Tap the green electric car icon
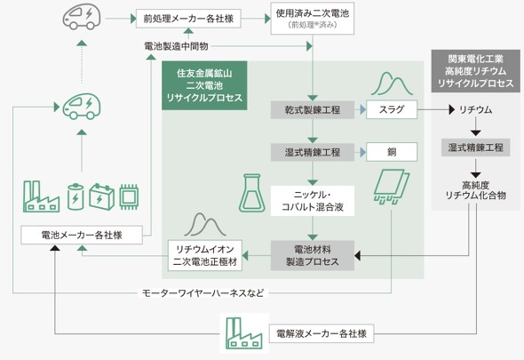pyautogui.click(x=82, y=106)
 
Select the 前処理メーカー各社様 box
pyautogui.click(x=188, y=19)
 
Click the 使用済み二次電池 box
pyautogui.click(x=312, y=19)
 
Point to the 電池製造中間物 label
pyautogui.click(x=176, y=46)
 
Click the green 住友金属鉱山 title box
pyautogui.click(x=204, y=85)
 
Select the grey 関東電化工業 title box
pyautogui.click(x=475, y=71)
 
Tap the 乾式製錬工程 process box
pyautogui.click(x=312, y=109)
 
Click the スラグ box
pyautogui.click(x=392, y=109)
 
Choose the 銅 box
pyautogui.click(x=392, y=152)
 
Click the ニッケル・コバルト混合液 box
pyautogui.click(x=312, y=201)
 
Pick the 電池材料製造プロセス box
pyautogui.click(x=312, y=255)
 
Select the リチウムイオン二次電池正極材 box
pyautogui.click(x=205, y=255)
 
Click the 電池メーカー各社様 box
pyautogui.click(x=82, y=235)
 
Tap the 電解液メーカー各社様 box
pyautogui.click(x=322, y=333)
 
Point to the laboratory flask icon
pyautogui.click(x=252, y=193)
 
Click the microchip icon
pyautogui.click(x=129, y=196)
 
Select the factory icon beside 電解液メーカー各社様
pyautogui.click(x=244, y=333)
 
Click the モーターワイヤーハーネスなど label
pyautogui.click(x=202, y=293)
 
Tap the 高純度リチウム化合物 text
pyautogui.click(x=475, y=190)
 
